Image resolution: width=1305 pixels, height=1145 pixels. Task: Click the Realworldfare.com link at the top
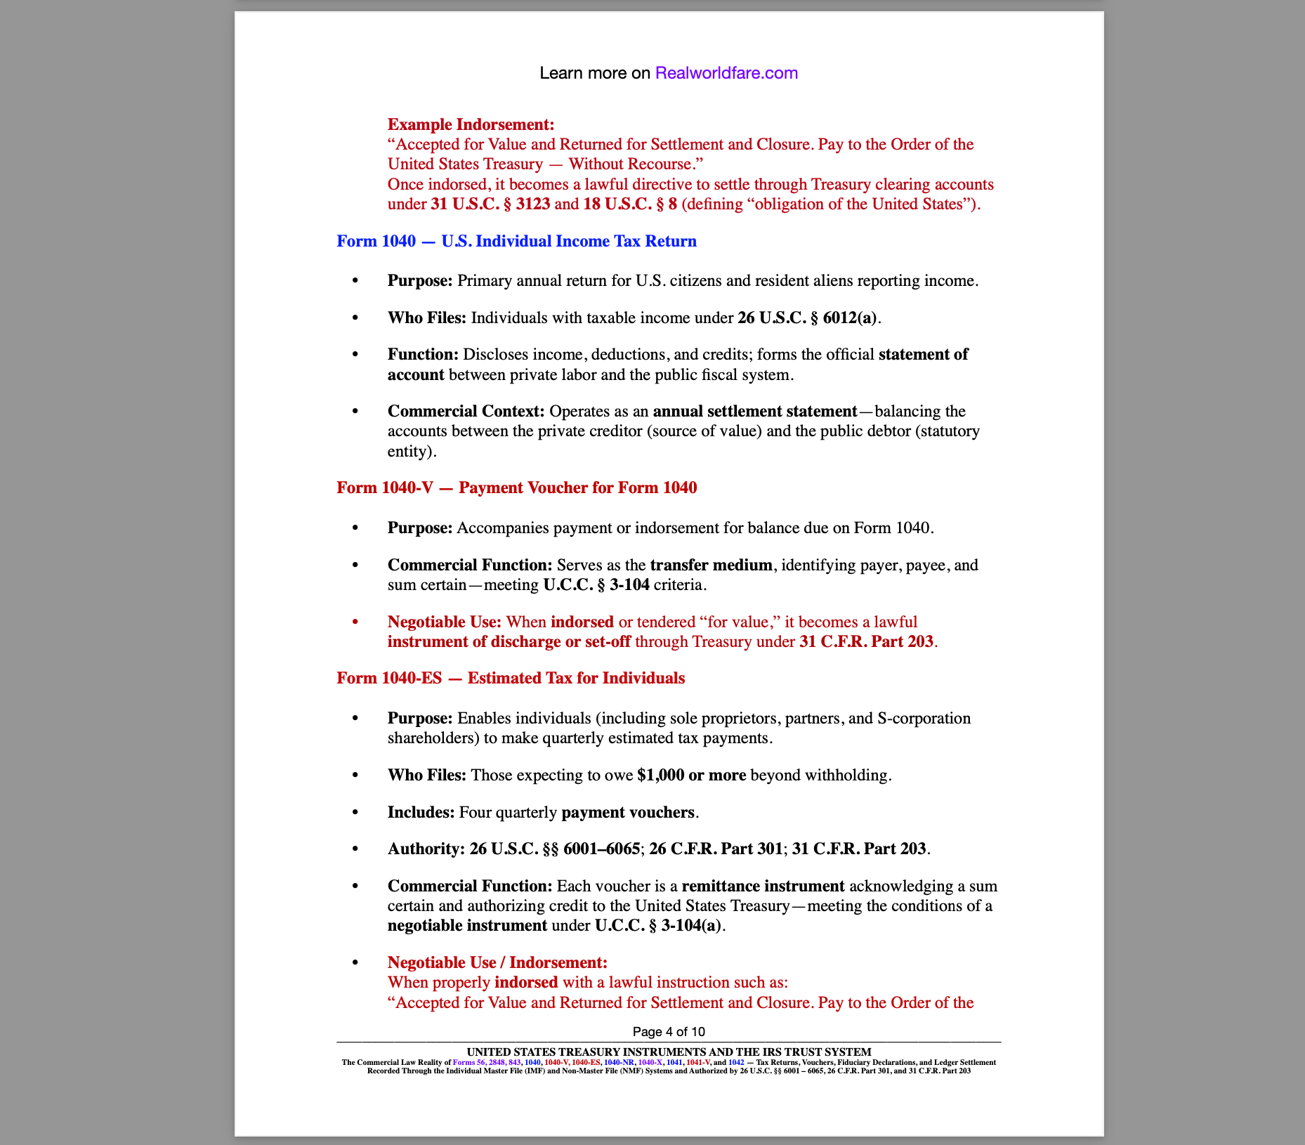pyautogui.click(x=726, y=73)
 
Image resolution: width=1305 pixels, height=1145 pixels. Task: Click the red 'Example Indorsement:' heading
pyautogui.click(x=471, y=124)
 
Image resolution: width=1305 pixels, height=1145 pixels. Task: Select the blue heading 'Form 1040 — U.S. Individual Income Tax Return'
pyautogui.click(x=516, y=241)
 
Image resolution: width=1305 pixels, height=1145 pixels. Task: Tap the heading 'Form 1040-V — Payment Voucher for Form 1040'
pyautogui.click(x=516, y=488)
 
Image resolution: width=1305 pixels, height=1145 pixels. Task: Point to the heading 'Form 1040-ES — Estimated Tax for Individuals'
pyautogui.click(x=511, y=678)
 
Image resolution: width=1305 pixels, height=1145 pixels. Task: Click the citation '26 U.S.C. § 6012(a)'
pyautogui.click(x=807, y=318)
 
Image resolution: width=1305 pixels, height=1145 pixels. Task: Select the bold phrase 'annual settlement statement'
pyautogui.click(x=754, y=411)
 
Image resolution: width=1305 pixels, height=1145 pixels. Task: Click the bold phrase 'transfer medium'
pyautogui.click(x=711, y=565)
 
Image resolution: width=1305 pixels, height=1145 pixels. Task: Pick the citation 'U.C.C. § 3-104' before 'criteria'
pyautogui.click(x=596, y=584)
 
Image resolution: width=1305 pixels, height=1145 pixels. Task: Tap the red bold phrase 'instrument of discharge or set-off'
pyautogui.click(x=509, y=641)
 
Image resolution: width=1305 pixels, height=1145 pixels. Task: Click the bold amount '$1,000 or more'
pyautogui.click(x=691, y=775)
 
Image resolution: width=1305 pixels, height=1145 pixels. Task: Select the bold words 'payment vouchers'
pyautogui.click(x=628, y=812)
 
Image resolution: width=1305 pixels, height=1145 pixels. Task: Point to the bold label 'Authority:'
pyautogui.click(x=426, y=849)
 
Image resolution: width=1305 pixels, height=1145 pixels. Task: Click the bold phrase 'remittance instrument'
pyautogui.click(x=763, y=886)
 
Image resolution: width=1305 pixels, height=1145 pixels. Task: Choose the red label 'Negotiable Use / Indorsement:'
pyautogui.click(x=497, y=962)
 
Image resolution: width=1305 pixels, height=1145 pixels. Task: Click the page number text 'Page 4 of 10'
pyautogui.click(x=669, y=1031)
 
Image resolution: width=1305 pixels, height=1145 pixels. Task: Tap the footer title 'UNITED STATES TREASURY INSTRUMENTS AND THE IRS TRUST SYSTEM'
pyautogui.click(x=669, y=1052)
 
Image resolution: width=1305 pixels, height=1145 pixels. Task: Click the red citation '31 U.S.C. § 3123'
pyautogui.click(x=490, y=204)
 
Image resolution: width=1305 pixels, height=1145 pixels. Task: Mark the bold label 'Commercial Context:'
pyautogui.click(x=466, y=411)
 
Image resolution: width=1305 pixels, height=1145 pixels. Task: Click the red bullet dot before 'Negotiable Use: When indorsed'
pyautogui.click(x=355, y=622)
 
